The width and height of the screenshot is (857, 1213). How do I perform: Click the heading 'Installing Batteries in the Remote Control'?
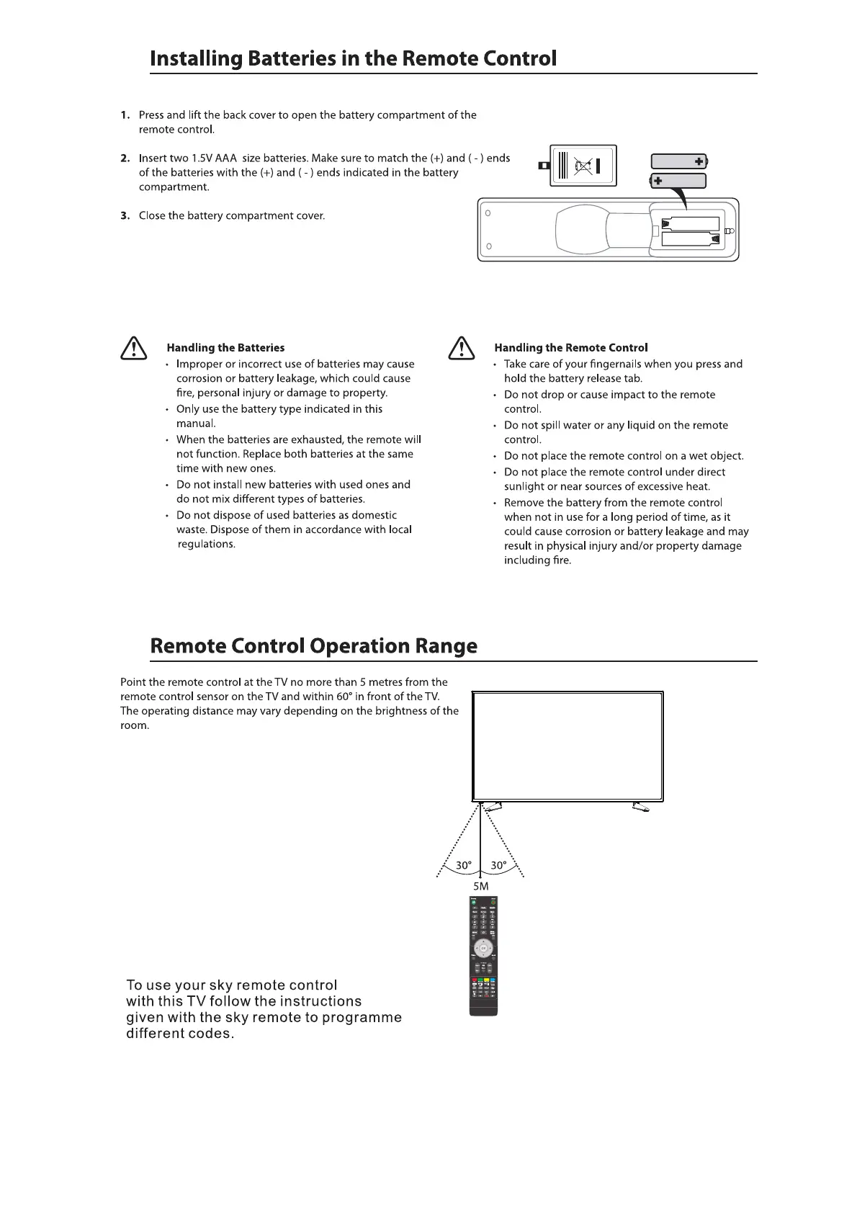coord(353,58)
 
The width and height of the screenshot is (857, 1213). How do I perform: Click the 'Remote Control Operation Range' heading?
coord(313,645)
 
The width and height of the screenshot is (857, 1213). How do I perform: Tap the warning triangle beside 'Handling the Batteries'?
coord(133,349)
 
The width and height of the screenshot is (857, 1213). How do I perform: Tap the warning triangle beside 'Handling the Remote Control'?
coord(460,349)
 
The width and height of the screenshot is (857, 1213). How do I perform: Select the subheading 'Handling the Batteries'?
coord(225,348)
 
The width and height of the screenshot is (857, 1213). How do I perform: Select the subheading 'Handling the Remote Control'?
coord(571,348)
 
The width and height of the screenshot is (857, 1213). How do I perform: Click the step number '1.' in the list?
coord(126,115)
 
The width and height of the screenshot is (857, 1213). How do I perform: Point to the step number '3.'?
coord(126,216)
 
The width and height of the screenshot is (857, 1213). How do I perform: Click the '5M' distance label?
coord(480,886)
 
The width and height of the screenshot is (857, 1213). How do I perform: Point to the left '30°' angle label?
coord(464,865)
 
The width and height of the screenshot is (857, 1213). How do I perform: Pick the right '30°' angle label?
coord(498,865)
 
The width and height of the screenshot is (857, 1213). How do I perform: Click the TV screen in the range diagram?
coord(567,746)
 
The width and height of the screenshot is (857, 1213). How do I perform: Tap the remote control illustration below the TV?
coord(483,955)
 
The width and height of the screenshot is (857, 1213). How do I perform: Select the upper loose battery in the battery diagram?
coord(679,161)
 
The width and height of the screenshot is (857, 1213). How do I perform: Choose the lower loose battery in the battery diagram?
coord(678,180)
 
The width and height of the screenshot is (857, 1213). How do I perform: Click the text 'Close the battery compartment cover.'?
coord(232,216)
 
